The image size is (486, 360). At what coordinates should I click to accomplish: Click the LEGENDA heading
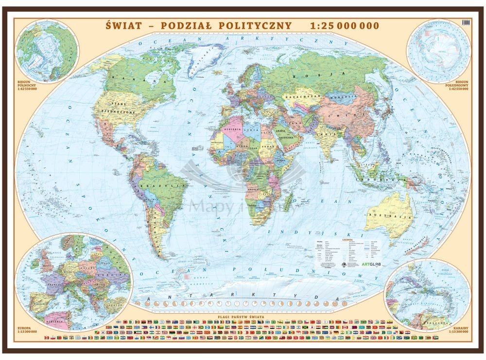(x=349, y=239)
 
